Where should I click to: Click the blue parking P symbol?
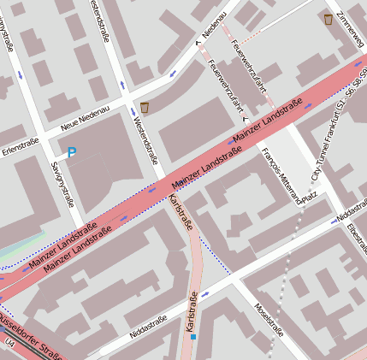72,152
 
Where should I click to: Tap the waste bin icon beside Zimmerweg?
329,19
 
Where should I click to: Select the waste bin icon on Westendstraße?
144,107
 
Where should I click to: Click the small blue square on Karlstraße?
194,337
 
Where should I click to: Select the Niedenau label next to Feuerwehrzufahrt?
210,26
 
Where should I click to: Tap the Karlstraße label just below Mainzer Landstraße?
182,213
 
